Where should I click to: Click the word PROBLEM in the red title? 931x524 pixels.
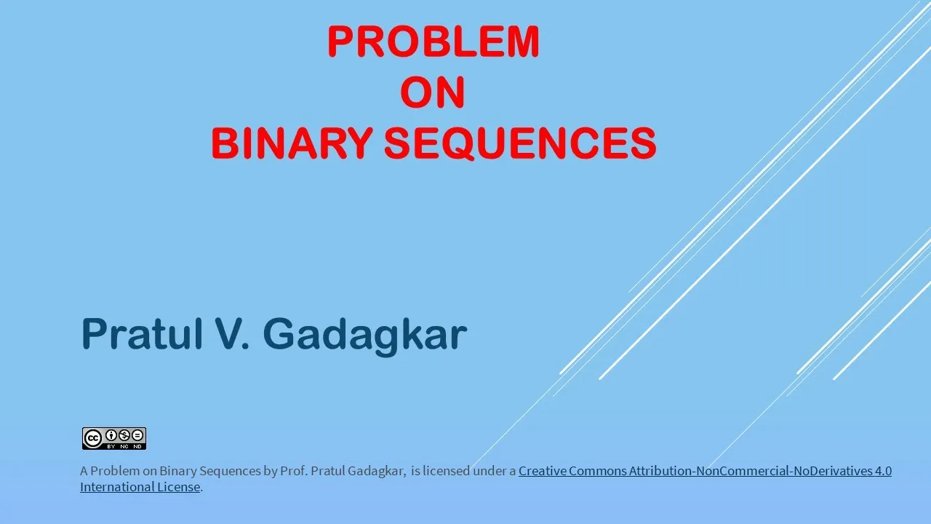click(433, 41)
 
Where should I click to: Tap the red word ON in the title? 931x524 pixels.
click(433, 92)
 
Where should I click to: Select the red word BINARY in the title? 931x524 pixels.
click(292, 143)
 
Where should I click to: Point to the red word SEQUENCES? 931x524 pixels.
click(520, 143)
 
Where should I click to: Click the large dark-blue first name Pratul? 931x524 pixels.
click(142, 334)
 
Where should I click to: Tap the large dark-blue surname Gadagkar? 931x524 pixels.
click(365, 336)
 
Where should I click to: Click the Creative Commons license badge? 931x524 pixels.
click(114, 438)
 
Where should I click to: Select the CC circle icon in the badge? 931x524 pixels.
click(92, 438)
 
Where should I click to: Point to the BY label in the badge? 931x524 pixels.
click(111, 447)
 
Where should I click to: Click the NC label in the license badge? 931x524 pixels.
click(124, 447)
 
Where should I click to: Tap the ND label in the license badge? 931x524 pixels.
click(137, 447)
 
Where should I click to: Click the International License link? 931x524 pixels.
click(140, 487)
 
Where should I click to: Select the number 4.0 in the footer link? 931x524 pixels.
click(883, 471)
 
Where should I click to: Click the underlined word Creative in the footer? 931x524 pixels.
click(542, 471)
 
